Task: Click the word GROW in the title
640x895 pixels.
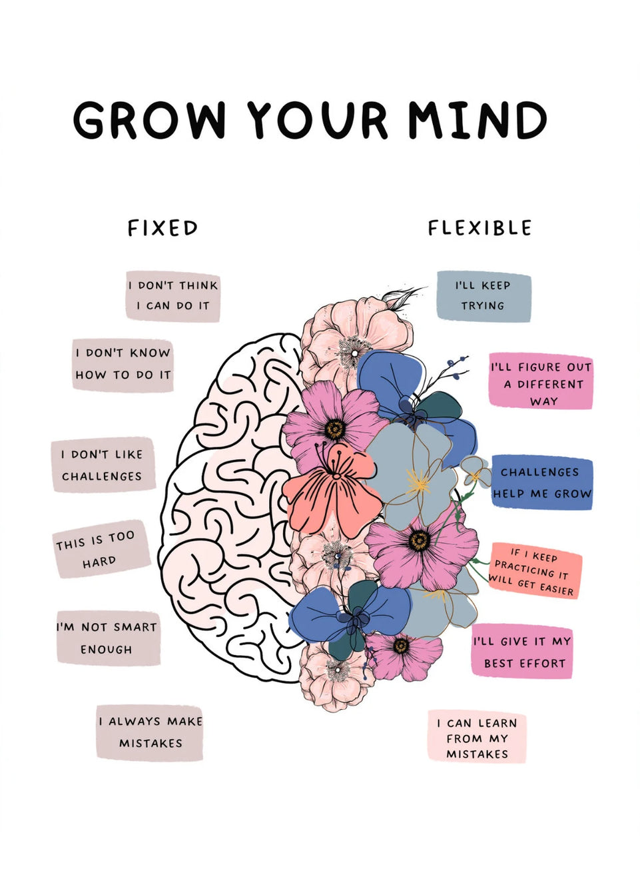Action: coord(149,121)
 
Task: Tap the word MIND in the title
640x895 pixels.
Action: coord(477,121)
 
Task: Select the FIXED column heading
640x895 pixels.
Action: coord(162,228)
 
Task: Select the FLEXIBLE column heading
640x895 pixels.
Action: coord(480,228)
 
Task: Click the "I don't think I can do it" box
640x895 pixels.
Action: coord(173,296)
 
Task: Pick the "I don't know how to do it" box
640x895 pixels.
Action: coord(123,365)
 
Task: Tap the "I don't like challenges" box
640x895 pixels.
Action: coord(103,465)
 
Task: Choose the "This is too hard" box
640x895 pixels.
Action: coord(99,549)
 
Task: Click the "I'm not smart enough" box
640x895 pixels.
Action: coord(107,638)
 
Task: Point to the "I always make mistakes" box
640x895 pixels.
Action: coord(150,732)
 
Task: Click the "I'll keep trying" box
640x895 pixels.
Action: coord(483,296)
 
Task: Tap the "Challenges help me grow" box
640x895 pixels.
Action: coord(542,483)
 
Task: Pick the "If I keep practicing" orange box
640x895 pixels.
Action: coord(534,571)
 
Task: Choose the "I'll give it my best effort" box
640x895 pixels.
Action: coord(523,652)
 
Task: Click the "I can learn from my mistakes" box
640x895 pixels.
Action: coord(477,737)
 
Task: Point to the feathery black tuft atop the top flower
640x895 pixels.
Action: coord(402,297)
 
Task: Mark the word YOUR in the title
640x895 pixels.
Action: coord(318,121)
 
